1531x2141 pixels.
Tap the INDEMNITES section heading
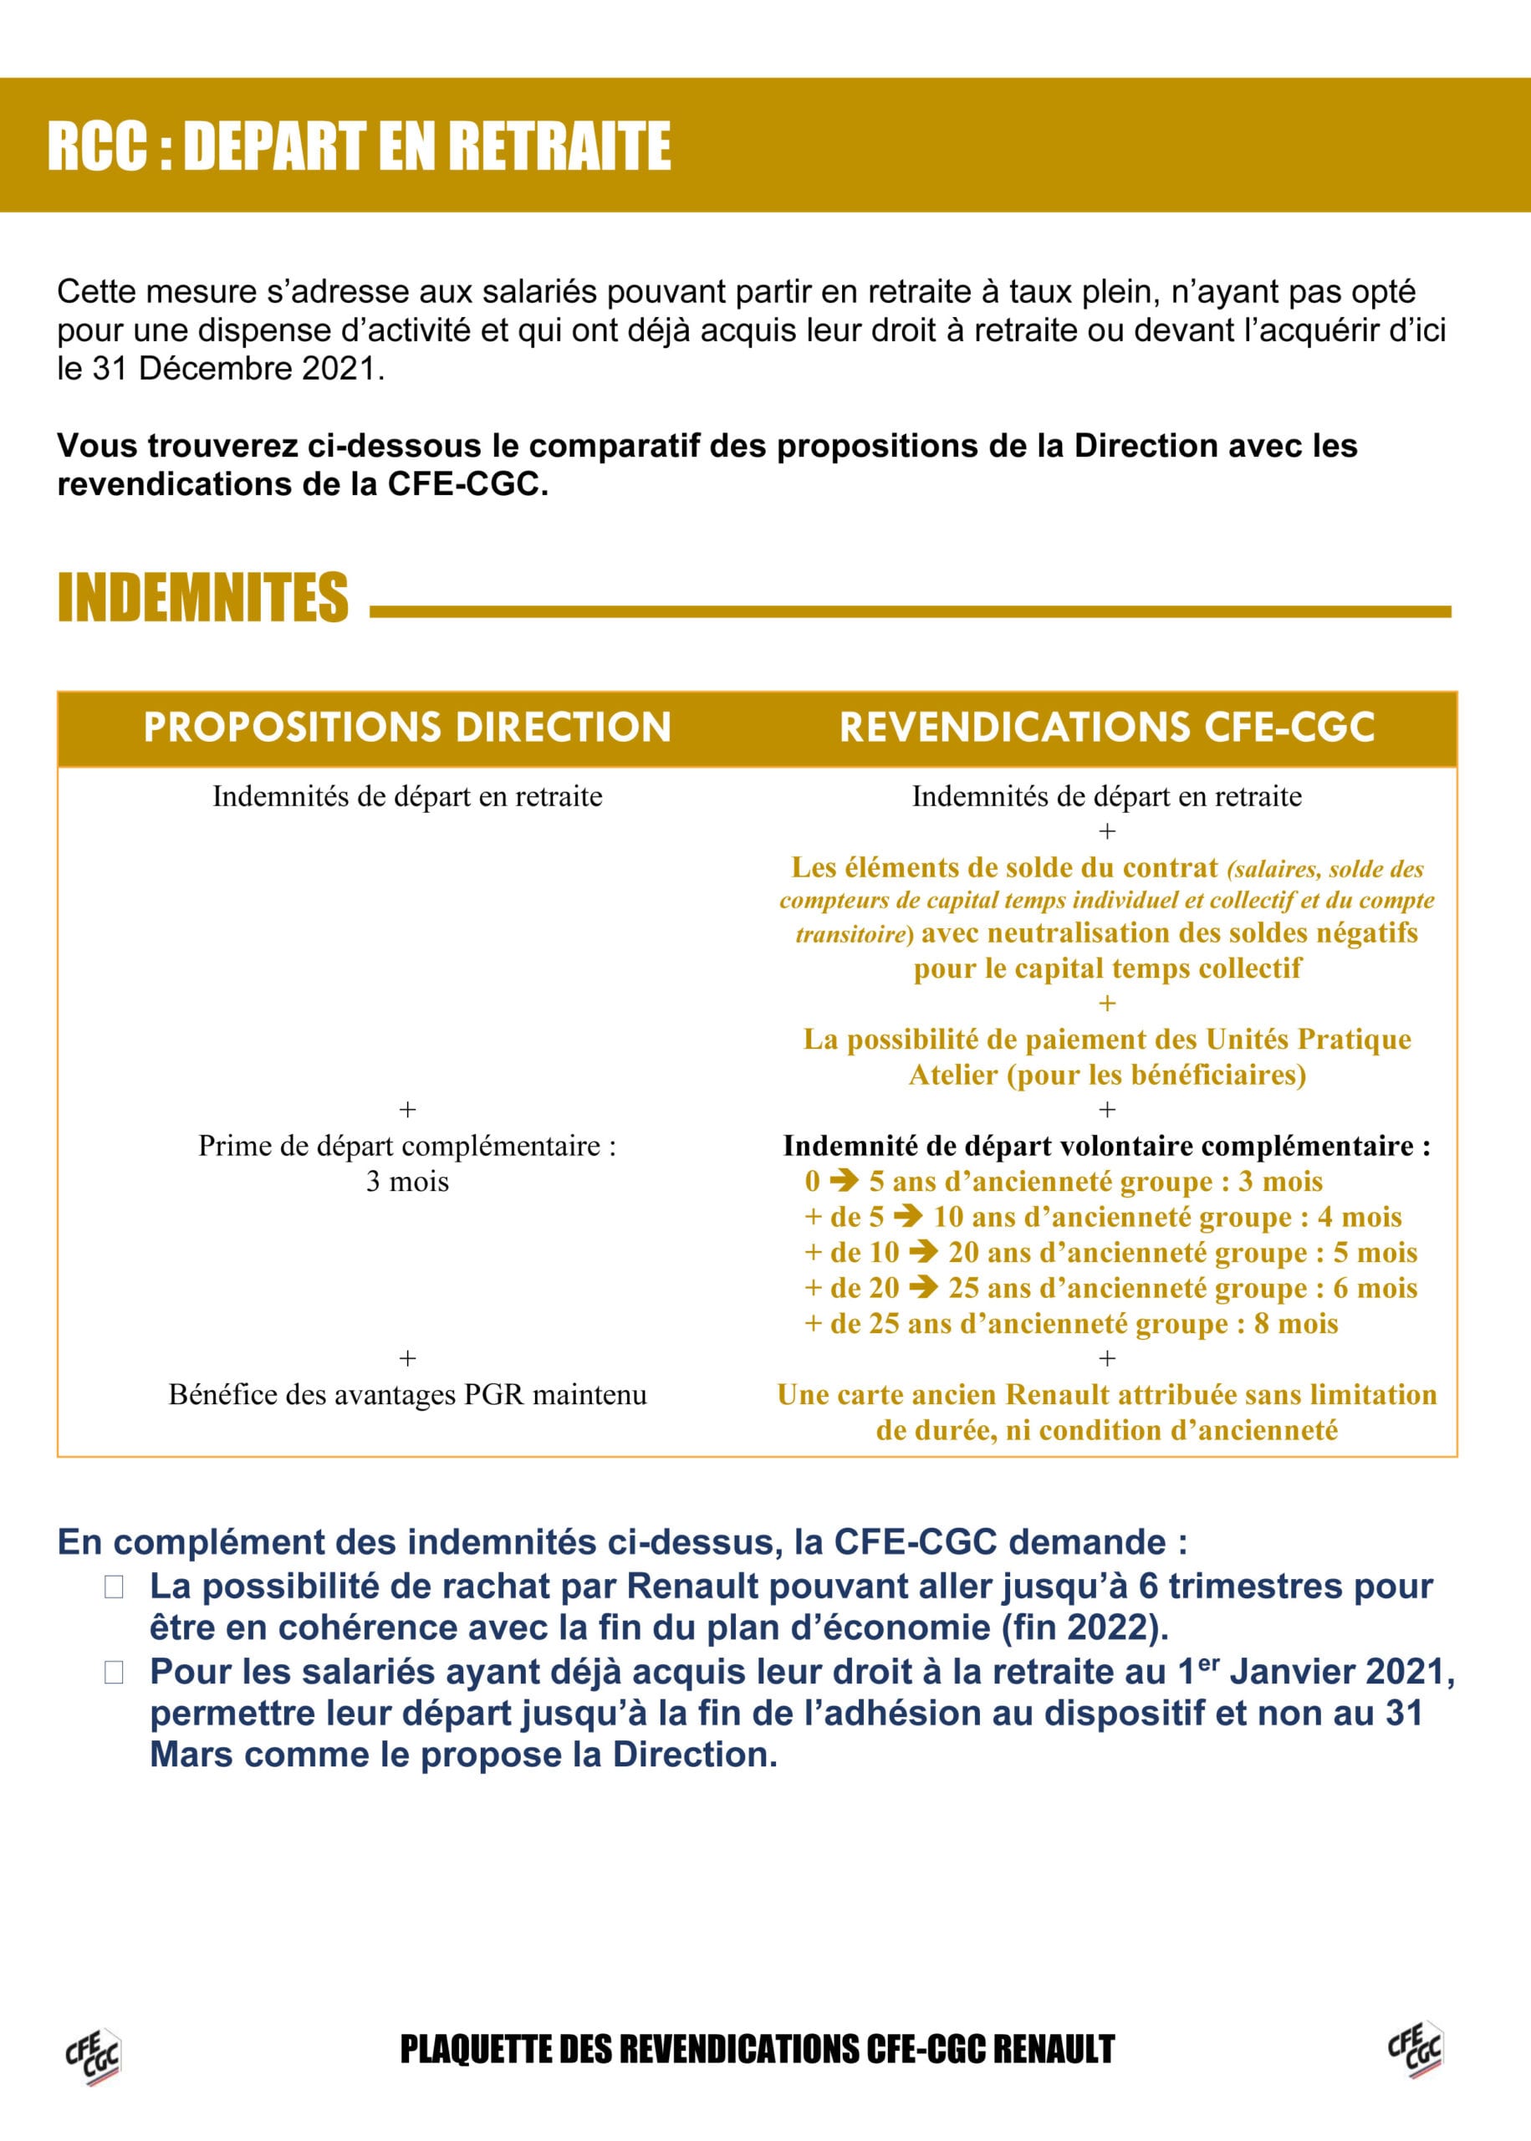(x=202, y=597)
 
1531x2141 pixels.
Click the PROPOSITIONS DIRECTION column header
(x=407, y=727)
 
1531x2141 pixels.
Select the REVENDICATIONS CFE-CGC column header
(x=1107, y=727)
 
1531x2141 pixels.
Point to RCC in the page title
(x=97, y=146)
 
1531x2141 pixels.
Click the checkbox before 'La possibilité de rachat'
(x=114, y=1587)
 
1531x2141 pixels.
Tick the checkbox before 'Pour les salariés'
(x=114, y=1673)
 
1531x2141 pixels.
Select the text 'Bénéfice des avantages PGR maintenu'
(x=407, y=1394)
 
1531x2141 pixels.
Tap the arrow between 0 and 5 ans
(x=844, y=1180)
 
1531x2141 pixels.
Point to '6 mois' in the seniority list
(x=1375, y=1288)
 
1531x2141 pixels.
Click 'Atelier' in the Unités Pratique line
(x=952, y=1075)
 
